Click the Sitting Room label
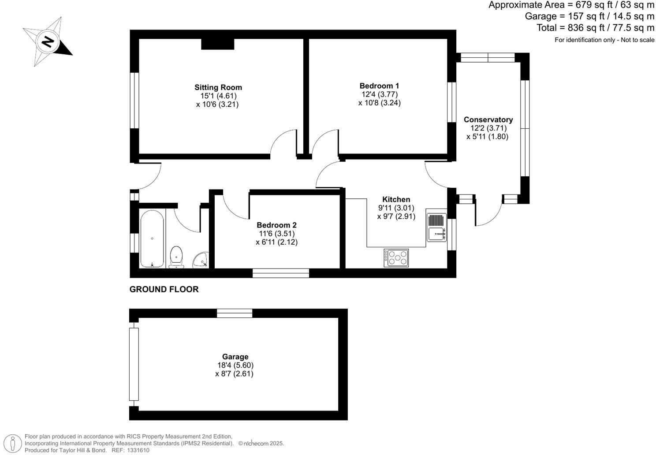click(x=218, y=87)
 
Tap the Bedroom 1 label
click(x=379, y=86)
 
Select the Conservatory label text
click(x=488, y=119)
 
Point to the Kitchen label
click(x=396, y=199)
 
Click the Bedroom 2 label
click(x=276, y=225)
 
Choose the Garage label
click(x=235, y=357)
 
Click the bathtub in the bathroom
click(x=152, y=239)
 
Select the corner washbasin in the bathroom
click(x=201, y=260)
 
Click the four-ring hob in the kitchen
click(x=396, y=258)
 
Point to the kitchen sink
click(x=436, y=227)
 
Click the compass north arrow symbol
click(x=48, y=42)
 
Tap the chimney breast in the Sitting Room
click(x=217, y=44)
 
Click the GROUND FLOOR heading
click(x=164, y=289)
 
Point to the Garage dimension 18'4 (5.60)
click(x=235, y=365)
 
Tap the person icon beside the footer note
click(x=15, y=443)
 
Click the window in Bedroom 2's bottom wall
click(x=280, y=273)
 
